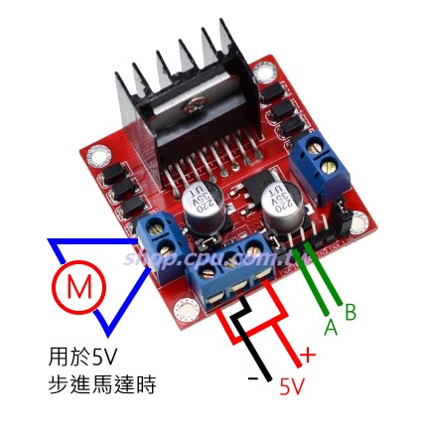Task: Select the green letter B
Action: click(x=350, y=311)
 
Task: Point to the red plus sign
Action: click(x=307, y=355)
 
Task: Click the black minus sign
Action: click(x=254, y=378)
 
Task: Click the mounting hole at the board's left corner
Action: click(x=97, y=157)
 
